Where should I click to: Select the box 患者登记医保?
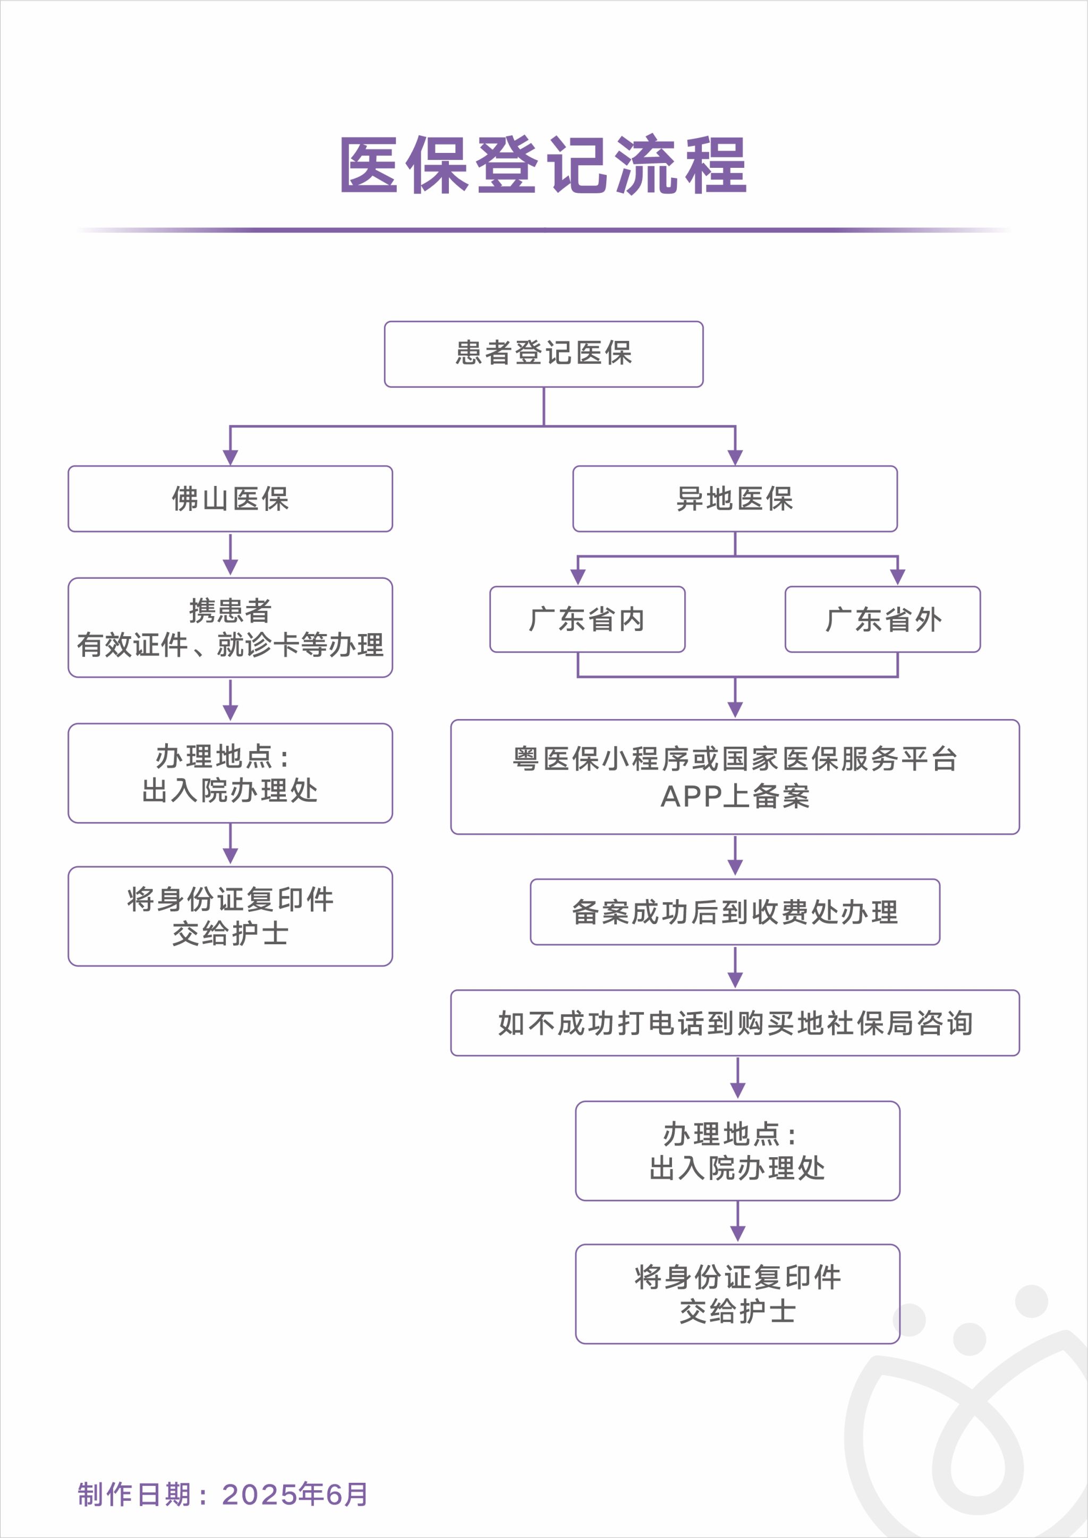[x=543, y=354]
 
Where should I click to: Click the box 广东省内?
[x=587, y=619]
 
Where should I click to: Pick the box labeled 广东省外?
[x=882, y=619]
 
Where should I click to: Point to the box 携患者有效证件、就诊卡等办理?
[x=230, y=628]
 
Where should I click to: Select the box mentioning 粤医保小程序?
[x=735, y=777]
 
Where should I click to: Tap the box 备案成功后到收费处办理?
[x=735, y=912]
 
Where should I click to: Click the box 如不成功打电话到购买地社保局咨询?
[x=735, y=1023]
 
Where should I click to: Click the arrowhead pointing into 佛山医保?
[x=230, y=457]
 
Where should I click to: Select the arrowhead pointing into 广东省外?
[x=898, y=577]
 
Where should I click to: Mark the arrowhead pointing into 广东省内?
[x=577, y=577]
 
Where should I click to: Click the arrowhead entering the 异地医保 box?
[x=735, y=457]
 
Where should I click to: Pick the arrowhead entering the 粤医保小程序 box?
[x=735, y=710]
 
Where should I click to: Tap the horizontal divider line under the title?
[x=543, y=230]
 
